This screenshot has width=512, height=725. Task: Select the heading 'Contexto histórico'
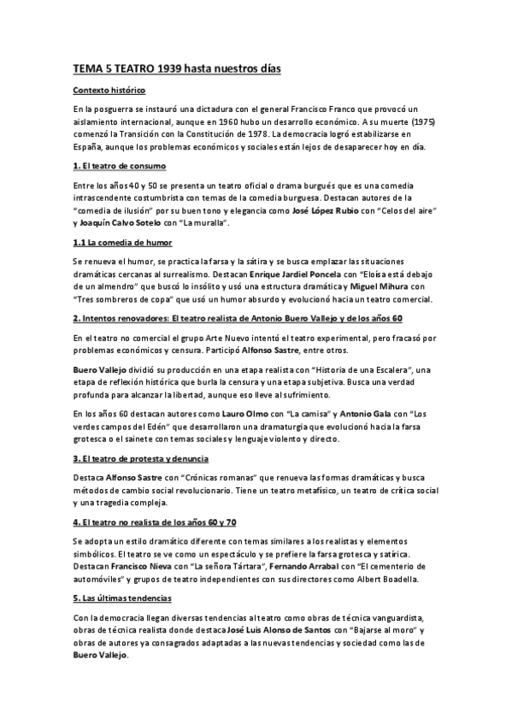tap(108, 90)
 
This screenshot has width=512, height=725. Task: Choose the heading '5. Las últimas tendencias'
tap(121, 598)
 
